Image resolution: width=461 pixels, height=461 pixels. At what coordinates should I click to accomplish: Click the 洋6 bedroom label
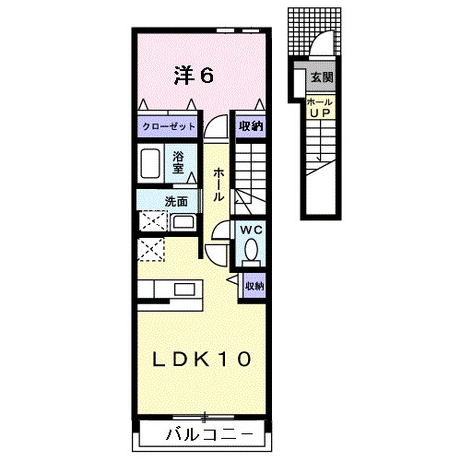[194, 75]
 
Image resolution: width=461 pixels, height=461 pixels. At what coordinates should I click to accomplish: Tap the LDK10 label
[202, 359]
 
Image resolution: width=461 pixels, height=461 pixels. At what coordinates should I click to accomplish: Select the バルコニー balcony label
[210, 434]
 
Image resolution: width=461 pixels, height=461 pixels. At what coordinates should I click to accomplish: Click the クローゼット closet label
[169, 126]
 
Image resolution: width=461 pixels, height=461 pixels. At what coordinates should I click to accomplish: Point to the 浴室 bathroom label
[178, 162]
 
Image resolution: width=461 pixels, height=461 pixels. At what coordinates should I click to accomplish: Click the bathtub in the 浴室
[150, 163]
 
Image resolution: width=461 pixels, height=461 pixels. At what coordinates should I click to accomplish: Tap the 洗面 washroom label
[176, 202]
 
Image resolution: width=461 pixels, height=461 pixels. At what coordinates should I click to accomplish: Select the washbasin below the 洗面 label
[183, 222]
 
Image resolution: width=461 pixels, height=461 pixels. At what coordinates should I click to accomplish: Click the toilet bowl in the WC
[252, 249]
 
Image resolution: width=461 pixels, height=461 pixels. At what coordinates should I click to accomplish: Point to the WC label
[252, 230]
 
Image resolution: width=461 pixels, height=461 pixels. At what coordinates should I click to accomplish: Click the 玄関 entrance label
[322, 77]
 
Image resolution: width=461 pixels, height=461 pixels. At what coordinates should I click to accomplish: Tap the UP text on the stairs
[320, 113]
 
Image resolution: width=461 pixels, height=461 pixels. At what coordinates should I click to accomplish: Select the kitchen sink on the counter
[184, 290]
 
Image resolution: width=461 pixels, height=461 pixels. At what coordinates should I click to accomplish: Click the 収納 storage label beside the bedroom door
[251, 126]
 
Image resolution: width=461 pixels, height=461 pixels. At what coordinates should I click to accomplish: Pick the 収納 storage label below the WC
[254, 286]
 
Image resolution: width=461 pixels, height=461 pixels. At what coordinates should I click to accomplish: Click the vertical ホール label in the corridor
[219, 184]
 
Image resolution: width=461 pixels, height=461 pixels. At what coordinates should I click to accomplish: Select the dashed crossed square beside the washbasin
[153, 220]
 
